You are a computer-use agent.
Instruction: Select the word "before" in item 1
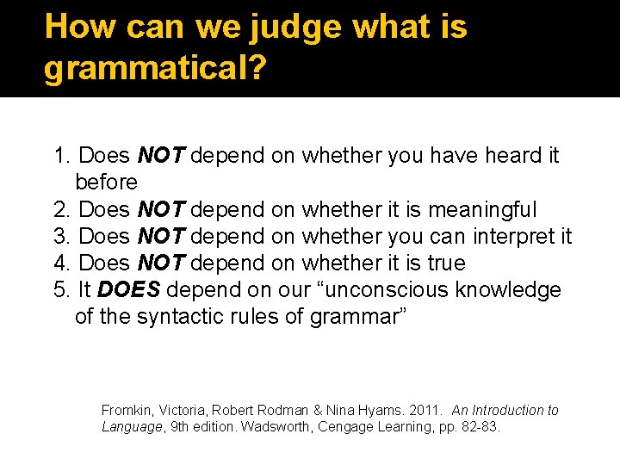pyautogui.click(x=106, y=183)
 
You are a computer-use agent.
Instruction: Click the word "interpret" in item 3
pyautogui.click(x=508, y=236)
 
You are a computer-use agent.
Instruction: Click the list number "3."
pyautogui.click(x=62, y=236)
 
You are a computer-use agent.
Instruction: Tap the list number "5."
pyautogui.click(x=62, y=289)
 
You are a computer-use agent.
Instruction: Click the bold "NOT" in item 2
pyautogui.click(x=161, y=209)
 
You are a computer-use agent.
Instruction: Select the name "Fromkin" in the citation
pyautogui.click(x=127, y=411)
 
